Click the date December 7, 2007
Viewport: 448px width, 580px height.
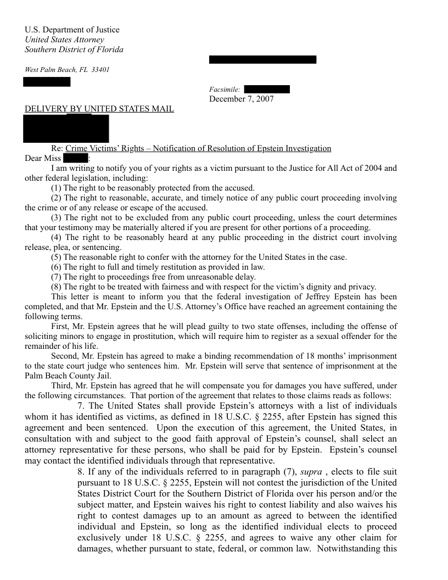pos(241,99)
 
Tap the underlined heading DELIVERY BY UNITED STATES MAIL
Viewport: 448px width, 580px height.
pos(99,109)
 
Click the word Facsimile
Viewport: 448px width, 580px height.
pos(224,90)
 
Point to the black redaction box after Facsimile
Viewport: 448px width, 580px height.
pos(266,90)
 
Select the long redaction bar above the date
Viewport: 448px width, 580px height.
pos(262,59)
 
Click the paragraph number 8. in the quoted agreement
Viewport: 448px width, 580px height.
pos(82,472)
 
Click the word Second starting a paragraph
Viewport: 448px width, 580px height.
pos(64,356)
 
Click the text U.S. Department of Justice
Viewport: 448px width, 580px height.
pos(72,30)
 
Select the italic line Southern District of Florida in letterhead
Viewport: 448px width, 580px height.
pos(74,49)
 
